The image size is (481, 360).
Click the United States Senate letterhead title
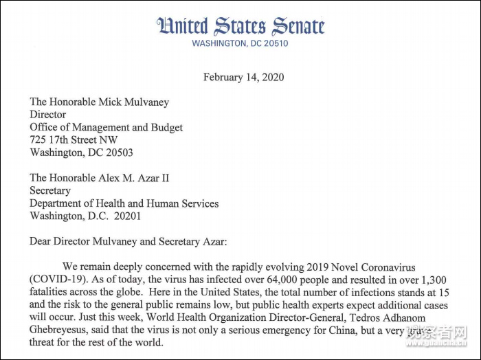coord(240,26)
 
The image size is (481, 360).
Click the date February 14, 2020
coord(243,77)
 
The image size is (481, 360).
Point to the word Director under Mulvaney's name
coord(47,115)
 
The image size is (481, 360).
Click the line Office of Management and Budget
coord(106,127)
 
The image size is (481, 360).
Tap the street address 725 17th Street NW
coord(74,140)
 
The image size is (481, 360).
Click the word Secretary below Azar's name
coord(50,191)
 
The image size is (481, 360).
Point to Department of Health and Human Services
coord(124,203)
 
